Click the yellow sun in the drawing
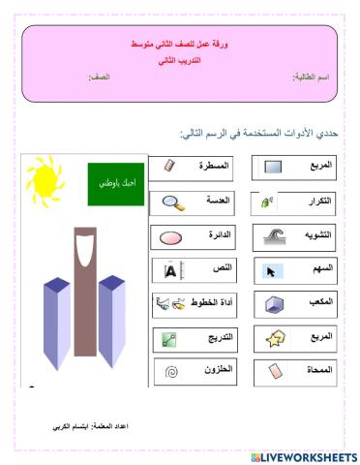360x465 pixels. [43, 177]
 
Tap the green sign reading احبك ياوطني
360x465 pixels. [112, 182]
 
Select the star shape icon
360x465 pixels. [273, 338]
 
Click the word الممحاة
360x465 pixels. [317, 370]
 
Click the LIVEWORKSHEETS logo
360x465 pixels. [303, 455]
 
